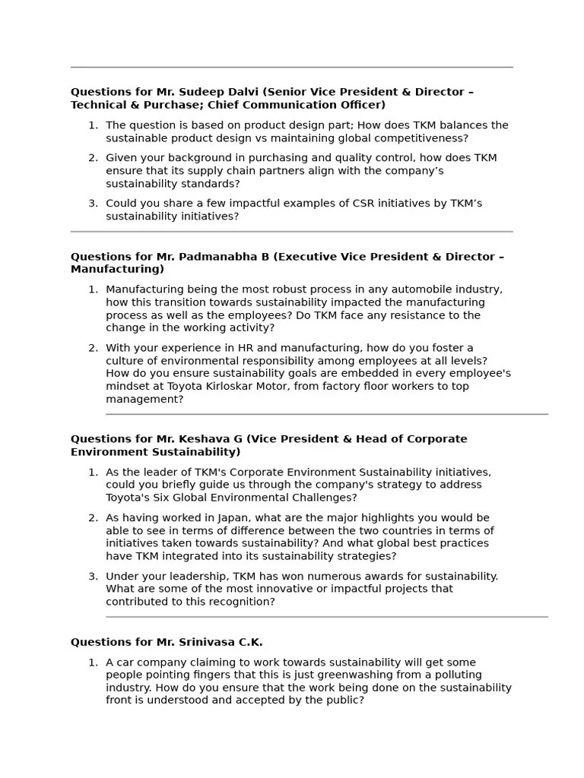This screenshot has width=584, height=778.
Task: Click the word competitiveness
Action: click(426, 138)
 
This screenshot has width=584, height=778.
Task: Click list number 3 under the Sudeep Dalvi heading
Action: click(93, 204)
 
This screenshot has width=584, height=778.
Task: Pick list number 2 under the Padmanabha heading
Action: click(93, 348)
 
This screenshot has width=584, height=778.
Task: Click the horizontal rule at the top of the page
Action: click(291, 68)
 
